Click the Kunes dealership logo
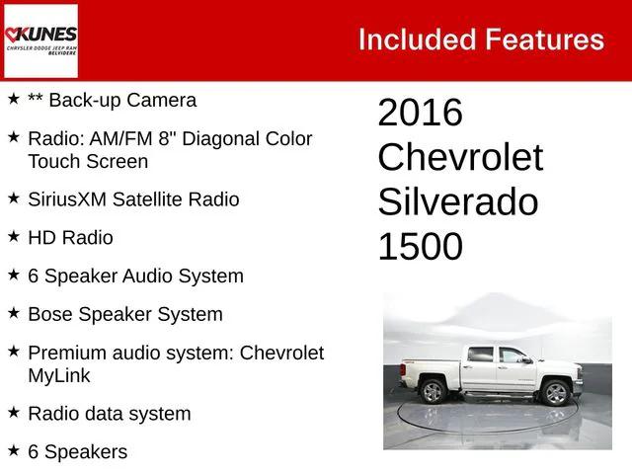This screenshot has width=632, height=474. coord(40,40)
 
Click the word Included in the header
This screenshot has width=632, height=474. coord(416,39)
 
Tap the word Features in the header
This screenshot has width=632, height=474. coord(543,39)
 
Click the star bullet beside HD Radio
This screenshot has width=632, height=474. coord(13,237)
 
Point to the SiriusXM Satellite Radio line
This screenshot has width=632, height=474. coord(133,199)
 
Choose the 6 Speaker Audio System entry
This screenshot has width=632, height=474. coord(135,276)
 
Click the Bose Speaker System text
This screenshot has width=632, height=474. coord(125,315)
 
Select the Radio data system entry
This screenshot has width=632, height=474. coord(110,414)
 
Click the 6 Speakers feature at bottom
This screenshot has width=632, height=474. coord(78,452)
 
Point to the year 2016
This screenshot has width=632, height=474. coord(420,114)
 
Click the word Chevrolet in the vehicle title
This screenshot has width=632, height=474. coord(460,158)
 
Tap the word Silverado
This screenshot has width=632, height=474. coord(457,202)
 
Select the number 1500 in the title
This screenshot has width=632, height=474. coord(420,247)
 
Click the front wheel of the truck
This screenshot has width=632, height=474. coord(556,393)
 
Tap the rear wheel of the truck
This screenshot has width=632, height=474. coord(433,391)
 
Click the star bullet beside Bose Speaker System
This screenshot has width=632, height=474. coord(13,314)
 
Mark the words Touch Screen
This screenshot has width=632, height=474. coord(88,161)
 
